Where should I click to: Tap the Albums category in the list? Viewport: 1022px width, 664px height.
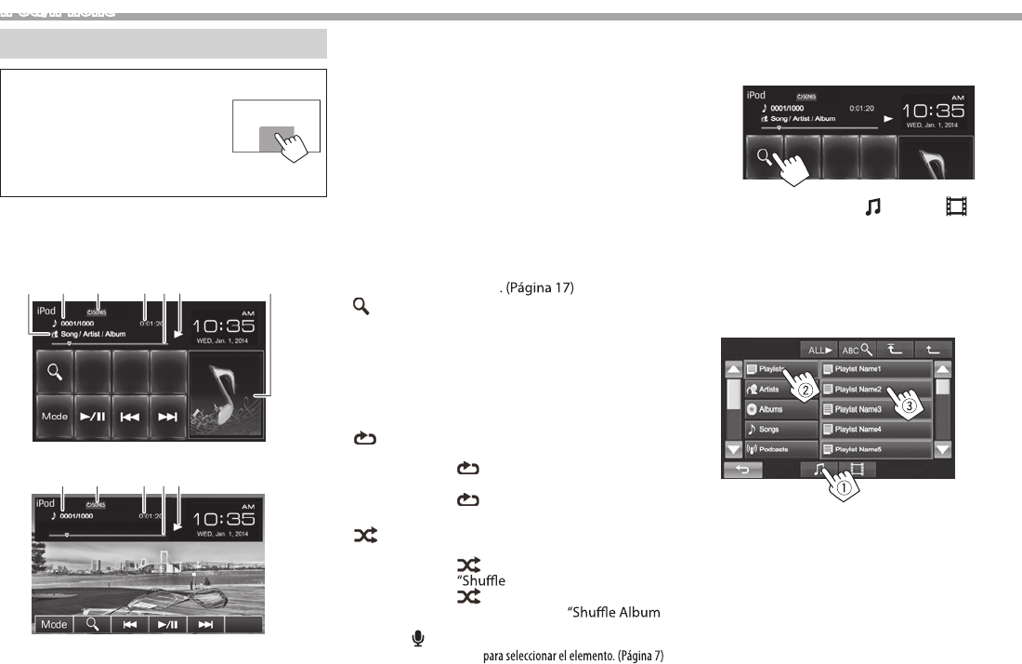pyautogui.click(x=780, y=409)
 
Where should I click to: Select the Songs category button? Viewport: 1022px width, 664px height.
pyautogui.click(x=780, y=430)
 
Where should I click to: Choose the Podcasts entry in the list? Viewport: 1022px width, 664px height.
pyautogui.click(x=780, y=450)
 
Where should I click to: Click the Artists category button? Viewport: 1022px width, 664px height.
pyautogui.click(x=780, y=390)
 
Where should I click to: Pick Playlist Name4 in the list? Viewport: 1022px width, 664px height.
pyautogui.click(x=875, y=430)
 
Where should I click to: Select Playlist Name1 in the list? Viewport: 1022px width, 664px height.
pyautogui.click(x=875, y=369)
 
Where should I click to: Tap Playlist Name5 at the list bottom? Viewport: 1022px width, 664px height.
pyautogui.click(x=875, y=450)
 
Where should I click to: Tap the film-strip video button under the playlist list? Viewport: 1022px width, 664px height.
pyautogui.click(x=853, y=470)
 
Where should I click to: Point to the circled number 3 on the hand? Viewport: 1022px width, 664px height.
pyautogui.click(x=911, y=406)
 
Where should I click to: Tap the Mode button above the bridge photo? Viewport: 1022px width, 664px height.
pyautogui.click(x=54, y=624)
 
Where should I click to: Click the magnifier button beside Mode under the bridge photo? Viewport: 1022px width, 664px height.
pyautogui.click(x=93, y=624)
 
